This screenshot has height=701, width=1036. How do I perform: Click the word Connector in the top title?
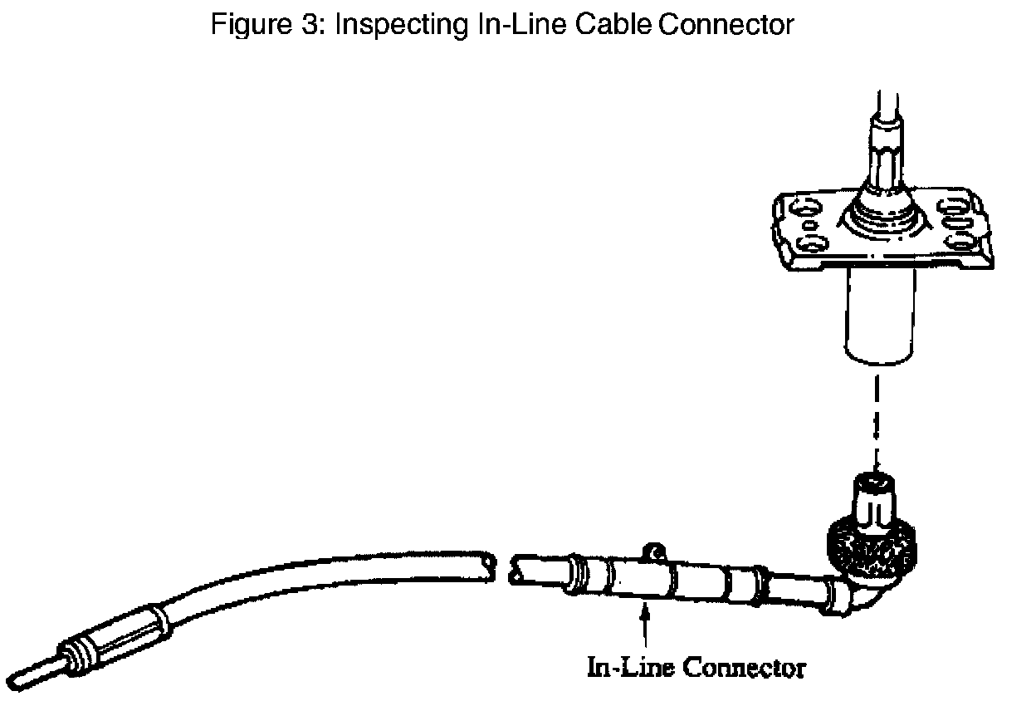pos(726,24)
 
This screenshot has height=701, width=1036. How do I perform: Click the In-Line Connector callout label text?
pos(696,667)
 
